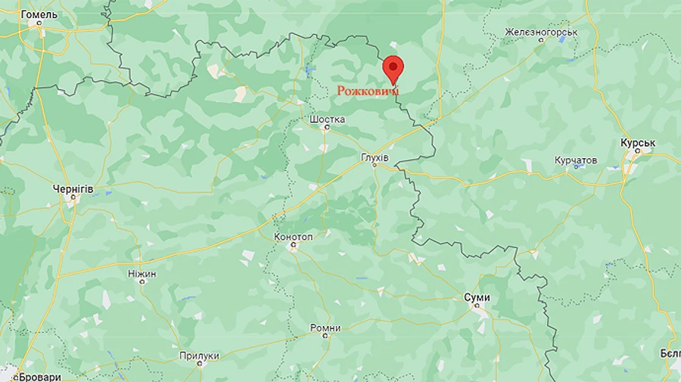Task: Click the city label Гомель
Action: (39, 14)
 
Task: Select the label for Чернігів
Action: (73, 188)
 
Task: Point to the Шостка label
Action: (328, 119)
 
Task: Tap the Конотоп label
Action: (293, 236)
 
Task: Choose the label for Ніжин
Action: (141, 272)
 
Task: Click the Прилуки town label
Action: (199, 356)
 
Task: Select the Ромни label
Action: (325, 328)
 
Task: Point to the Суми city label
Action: (477, 297)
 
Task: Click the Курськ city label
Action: (637, 142)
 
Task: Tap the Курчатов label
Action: (575, 160)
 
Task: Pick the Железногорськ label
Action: (541, 33)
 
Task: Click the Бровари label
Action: (40, 376)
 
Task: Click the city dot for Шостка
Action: (327, 128)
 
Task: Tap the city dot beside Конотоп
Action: (293, 246)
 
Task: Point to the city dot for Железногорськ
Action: (541, 41)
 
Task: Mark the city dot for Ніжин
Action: (141, 281)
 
